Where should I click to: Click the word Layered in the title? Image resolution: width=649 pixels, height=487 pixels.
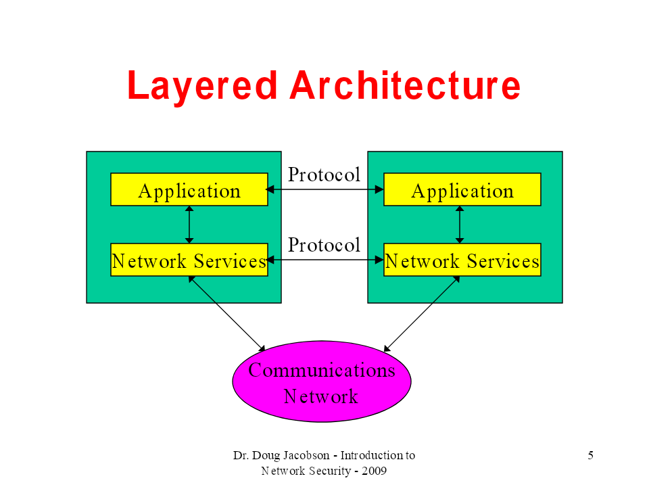coord(202,86)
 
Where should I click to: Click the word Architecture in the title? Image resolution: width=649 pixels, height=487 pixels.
coord(405,85)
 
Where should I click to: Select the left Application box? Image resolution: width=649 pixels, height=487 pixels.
coord(189,189)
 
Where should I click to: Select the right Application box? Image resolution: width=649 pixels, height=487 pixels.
coord(462,189)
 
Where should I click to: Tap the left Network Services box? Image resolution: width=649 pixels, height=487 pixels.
coord(189,260)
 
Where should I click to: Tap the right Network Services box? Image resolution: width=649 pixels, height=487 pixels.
coord(462,260)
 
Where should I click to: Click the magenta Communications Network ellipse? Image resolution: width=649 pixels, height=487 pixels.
coord(322,381)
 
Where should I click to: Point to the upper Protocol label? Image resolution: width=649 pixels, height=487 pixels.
coord(324,175)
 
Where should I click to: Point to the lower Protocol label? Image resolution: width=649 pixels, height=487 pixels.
coord(324,245)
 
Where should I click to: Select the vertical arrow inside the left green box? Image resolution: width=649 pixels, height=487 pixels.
coord(189,225)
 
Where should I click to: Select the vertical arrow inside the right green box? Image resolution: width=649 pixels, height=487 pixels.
coord(460,225)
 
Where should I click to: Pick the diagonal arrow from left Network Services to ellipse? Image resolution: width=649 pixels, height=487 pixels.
coord(227,314)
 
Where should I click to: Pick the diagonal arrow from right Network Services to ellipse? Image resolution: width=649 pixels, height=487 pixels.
coord(422,314)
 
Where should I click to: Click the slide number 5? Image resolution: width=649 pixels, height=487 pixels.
coord(591,455)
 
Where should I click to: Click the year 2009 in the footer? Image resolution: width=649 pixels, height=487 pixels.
coord(374,471)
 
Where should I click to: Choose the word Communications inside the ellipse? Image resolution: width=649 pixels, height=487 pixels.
coord(322,370)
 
